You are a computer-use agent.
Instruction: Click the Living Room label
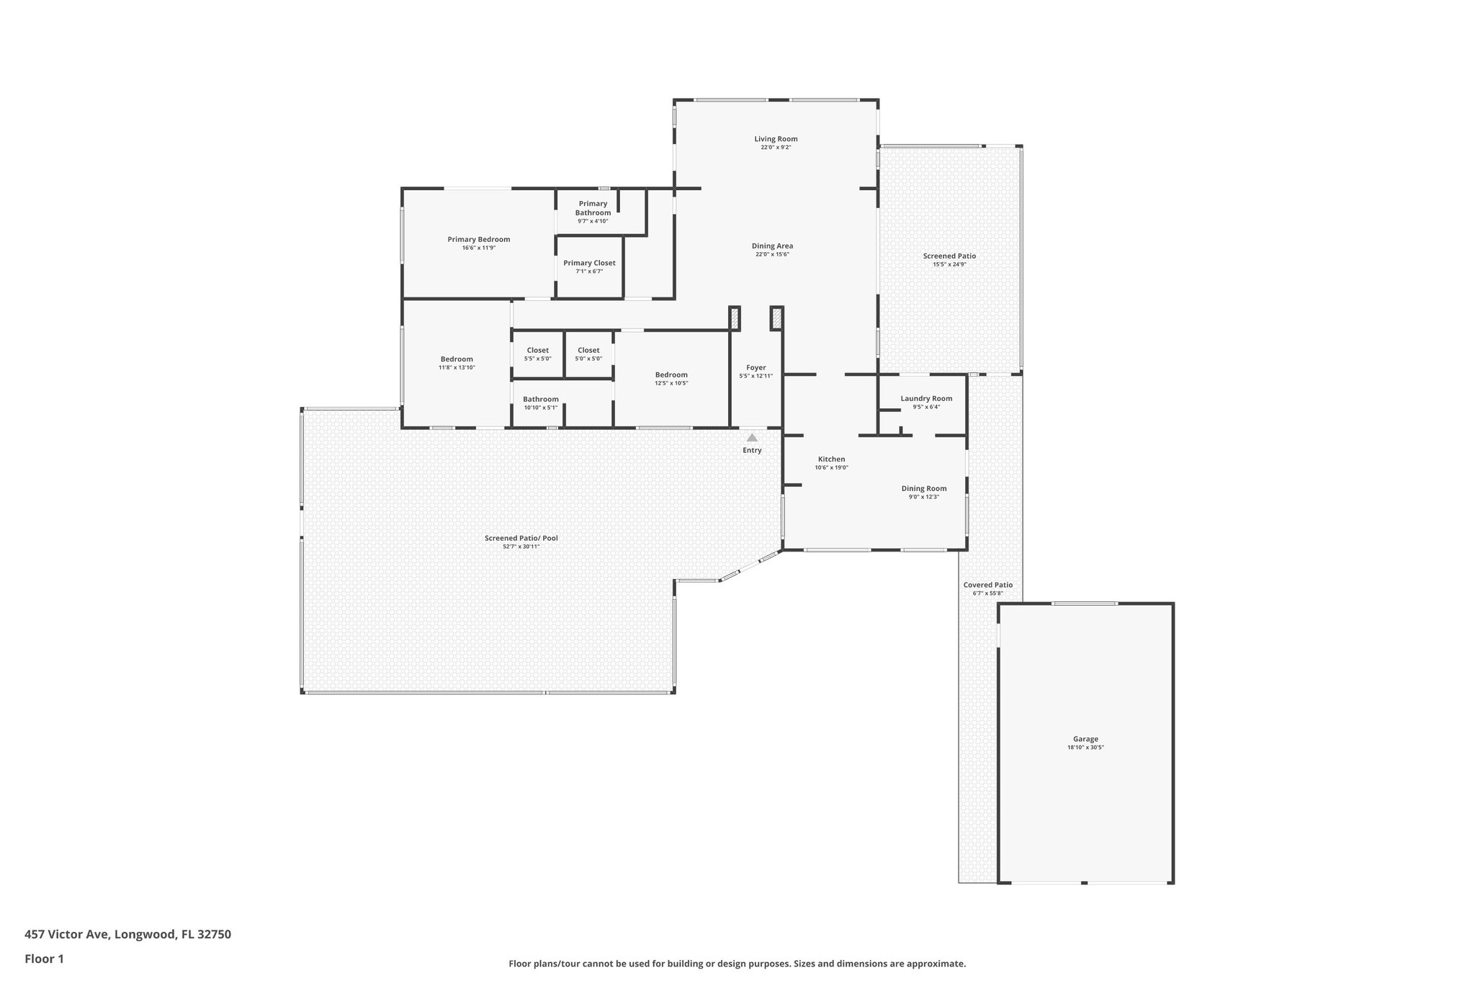776,139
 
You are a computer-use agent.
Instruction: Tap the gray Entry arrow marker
752,438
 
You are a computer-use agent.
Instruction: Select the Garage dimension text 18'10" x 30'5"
1085,748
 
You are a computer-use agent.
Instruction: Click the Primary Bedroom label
478,240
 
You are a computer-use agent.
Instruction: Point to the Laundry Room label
926,398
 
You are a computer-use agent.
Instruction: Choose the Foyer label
756,368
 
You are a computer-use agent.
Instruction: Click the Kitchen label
831,459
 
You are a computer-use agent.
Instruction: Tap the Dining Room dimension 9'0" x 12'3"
924,497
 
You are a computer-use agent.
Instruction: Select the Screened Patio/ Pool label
521,538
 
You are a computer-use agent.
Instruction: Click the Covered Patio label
987,585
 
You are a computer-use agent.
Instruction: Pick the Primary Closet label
589,263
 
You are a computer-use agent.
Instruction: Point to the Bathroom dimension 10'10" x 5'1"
540,408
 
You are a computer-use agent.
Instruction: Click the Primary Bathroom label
593,208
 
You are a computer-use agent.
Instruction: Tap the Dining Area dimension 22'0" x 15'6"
772,254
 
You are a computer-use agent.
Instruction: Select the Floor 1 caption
44,959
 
